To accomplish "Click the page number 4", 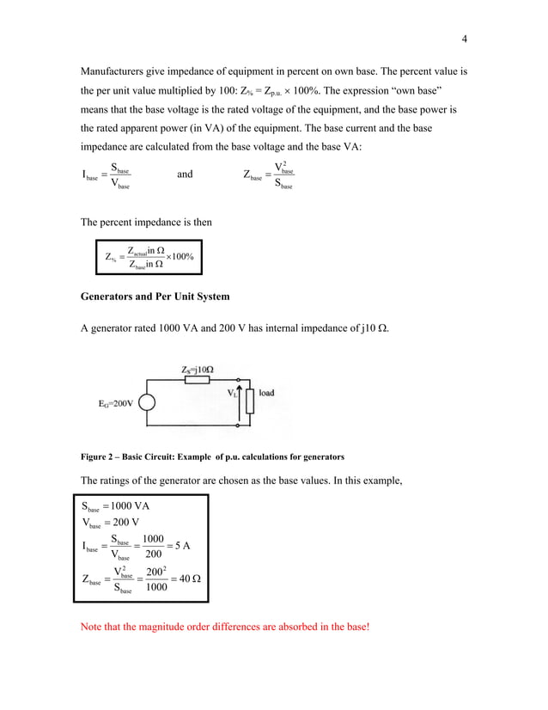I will point(464,39).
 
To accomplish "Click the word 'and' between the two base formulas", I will point(185,174).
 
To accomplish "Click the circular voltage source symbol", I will point(149,403).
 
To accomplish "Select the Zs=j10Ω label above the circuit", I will point(198,370).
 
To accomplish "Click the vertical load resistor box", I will point(249,401).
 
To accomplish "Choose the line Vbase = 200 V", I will point(111,523).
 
